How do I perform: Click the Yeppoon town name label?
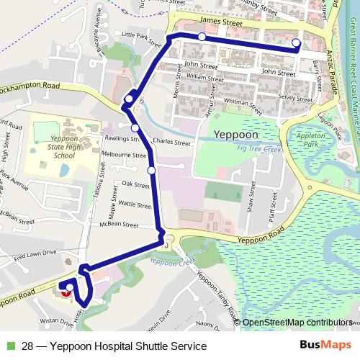(x=236, y=134)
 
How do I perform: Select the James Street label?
(x=222, y=24)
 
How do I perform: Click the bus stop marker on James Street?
(x=202, y=37)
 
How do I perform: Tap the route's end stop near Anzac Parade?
(x=297, y=44)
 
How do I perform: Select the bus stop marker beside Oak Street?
(x=151, y=170)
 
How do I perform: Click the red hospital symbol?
(x=67, y=292)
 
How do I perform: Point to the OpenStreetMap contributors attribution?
(x=297, y=323)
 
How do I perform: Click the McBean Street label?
(x=119, y=224)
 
